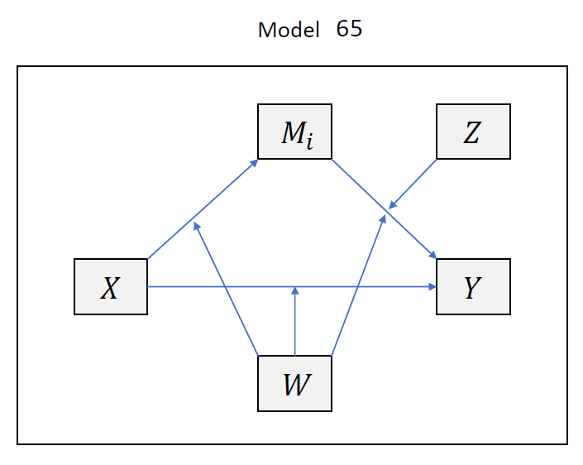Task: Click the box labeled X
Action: [x=111, y=286]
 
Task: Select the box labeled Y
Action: [x=473, y=286]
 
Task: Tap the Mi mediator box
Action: [x=294, y=132]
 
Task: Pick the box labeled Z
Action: [x=473, y=132]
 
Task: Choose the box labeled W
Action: [x=294, y=383]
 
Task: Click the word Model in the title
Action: [x=289, y=31]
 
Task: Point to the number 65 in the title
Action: [x=350, y=29]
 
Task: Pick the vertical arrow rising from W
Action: [x=294, y=323]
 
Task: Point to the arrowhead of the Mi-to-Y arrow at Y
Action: [x=432, y=255]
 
